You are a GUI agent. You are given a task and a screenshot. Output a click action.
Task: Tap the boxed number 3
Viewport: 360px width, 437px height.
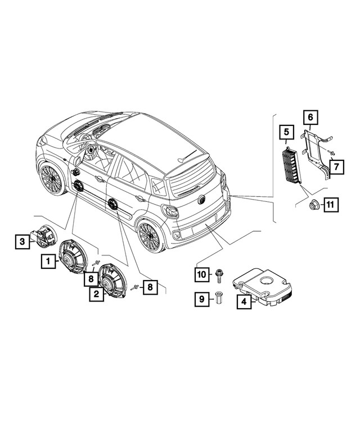tap(21, 242)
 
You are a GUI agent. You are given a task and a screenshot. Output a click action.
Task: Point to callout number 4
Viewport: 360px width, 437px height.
tap(244, 302)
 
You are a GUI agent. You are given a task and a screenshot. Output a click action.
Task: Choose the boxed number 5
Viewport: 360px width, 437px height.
tap(286, 133)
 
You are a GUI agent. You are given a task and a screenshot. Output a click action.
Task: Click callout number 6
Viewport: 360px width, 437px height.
tap(309, 118)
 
